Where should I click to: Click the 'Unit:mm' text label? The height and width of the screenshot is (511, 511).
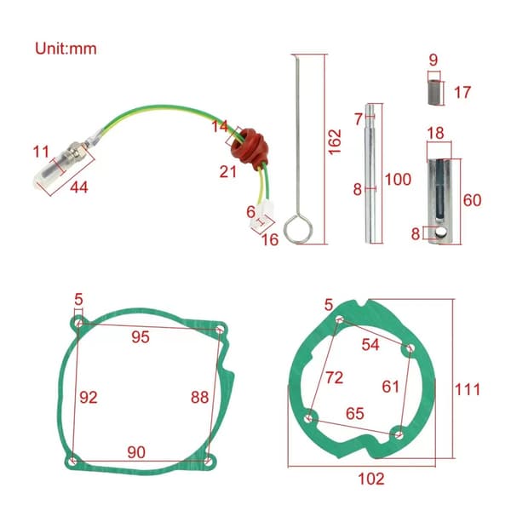[x=66, y=49]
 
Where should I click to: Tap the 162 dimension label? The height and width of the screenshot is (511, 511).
[x=335, y=142]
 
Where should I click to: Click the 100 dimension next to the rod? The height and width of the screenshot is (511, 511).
[x=398, y=180]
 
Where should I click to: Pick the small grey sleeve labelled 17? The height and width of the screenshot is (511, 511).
[x=436, y=93]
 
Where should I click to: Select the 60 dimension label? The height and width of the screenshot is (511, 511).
[x=472, y=200]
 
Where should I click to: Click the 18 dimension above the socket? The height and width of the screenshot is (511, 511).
[x=435, y=134]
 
